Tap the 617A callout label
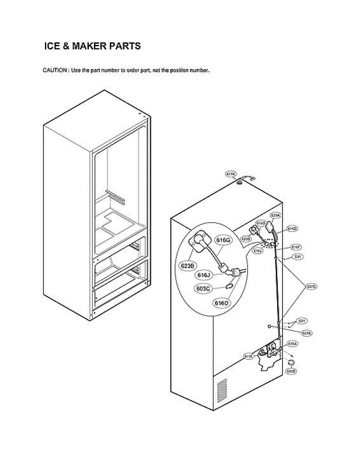[231, 174]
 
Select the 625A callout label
[276, 215]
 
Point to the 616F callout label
[296, 247]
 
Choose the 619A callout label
[292, 344]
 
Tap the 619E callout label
[249, 356]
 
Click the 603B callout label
[291, 371]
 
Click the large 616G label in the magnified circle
[224, 241]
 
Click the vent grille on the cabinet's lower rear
[222, 391]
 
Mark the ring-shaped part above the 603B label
[291, 362]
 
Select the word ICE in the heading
[52, 46]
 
